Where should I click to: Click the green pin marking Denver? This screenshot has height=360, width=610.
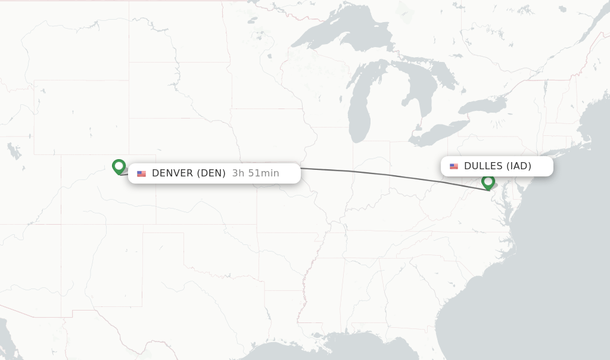point(119,166)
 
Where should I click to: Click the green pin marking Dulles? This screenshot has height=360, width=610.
point(488,182)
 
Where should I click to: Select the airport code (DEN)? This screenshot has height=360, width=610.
point(213,173)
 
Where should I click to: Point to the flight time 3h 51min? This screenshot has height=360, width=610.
point(256,173)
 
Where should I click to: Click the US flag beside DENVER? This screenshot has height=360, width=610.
point(141,174)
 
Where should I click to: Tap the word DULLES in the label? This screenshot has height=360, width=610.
point(483,166)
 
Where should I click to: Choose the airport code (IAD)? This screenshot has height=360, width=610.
point(518,166)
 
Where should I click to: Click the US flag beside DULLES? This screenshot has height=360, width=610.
point(454,166)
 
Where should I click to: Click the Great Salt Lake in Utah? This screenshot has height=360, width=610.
point(14,151)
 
